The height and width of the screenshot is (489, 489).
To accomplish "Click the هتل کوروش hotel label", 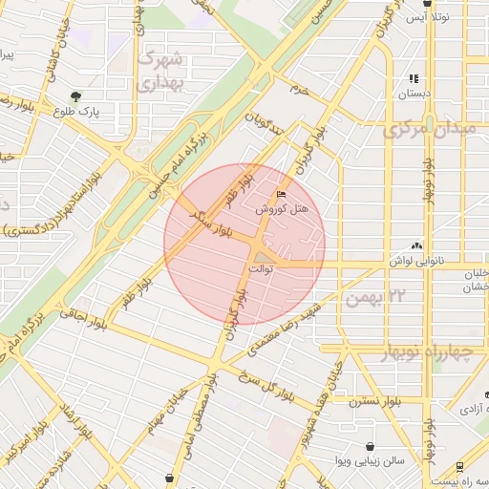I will coord(288,207).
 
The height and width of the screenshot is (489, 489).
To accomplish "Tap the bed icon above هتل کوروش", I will coord(280,194).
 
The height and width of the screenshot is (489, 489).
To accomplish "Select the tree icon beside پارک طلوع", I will coord(75,96).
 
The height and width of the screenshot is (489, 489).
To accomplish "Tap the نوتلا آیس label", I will coord(417,17).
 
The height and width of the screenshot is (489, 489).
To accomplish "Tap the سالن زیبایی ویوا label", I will coord(370,460).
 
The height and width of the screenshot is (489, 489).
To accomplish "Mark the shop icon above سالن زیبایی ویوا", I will coord(370,445).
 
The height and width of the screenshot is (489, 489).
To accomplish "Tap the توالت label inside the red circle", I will coord(261,270).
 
